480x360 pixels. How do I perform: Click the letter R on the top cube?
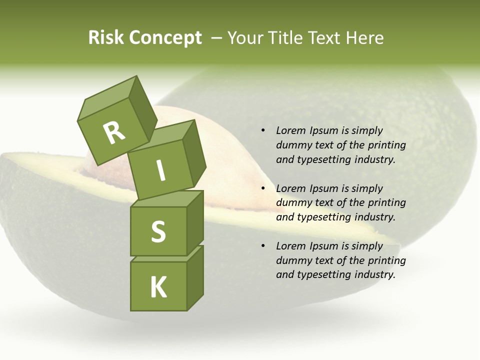114,132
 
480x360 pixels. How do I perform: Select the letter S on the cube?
158,231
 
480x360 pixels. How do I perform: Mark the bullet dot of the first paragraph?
263,130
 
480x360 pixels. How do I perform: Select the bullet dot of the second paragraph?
263,188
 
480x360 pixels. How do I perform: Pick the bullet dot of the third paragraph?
263,246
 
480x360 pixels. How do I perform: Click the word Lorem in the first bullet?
291,130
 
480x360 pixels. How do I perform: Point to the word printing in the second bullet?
386,202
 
